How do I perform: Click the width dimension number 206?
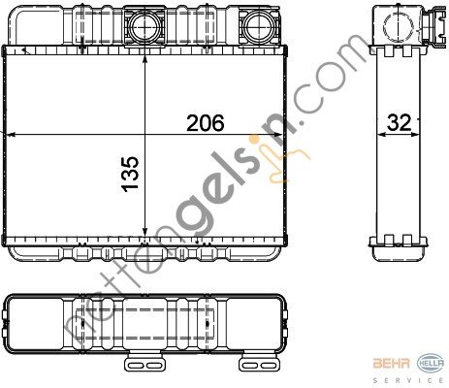pos(206,123)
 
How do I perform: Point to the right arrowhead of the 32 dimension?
pos(420,133)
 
